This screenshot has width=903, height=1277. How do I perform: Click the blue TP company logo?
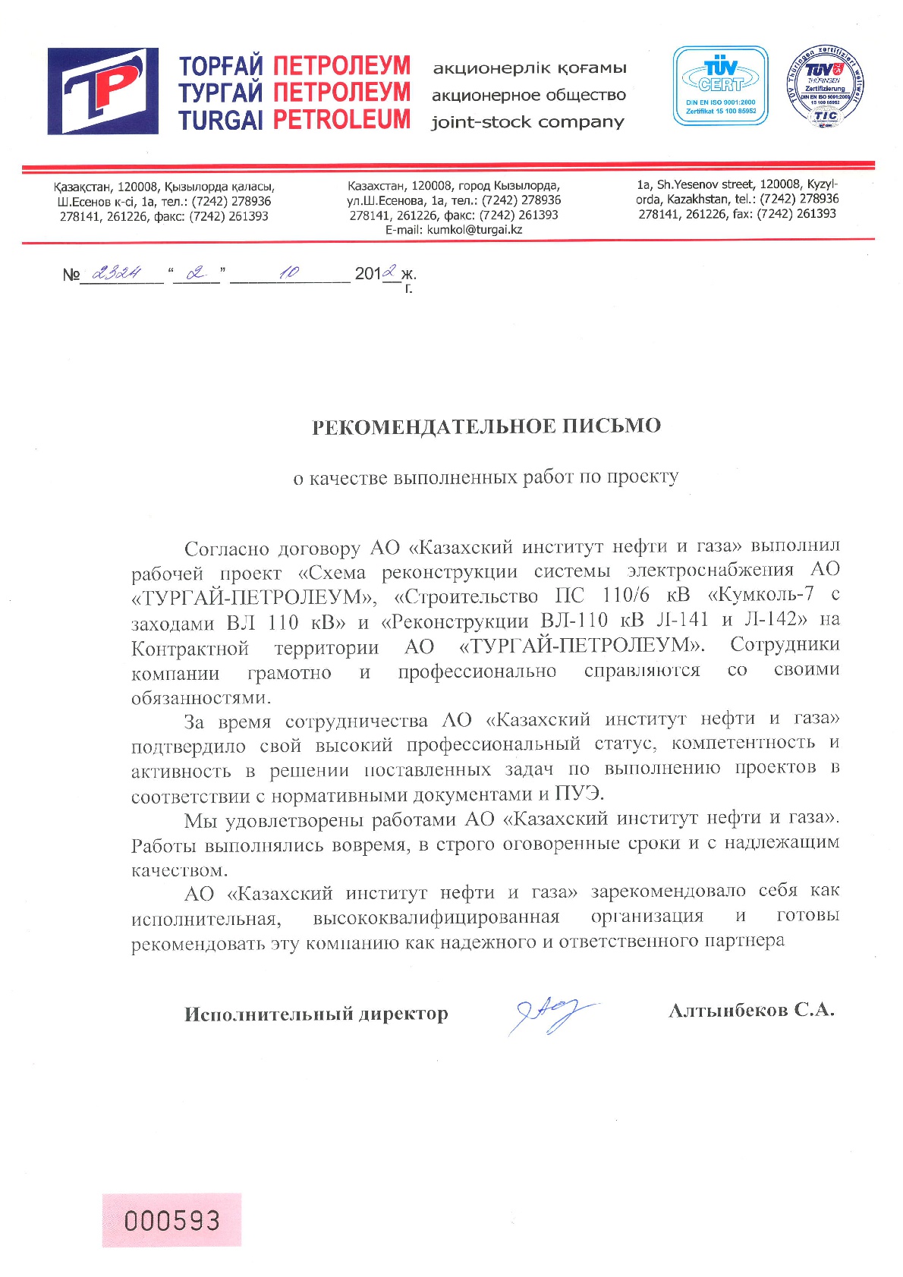103,91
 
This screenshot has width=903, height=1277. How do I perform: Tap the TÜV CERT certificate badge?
720,85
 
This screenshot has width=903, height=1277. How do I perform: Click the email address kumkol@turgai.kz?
474,229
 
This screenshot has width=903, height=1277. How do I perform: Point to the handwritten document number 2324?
115,273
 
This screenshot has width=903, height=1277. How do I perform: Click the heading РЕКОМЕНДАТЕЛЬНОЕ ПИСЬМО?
486,426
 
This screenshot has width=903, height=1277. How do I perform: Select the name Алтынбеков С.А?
751,1011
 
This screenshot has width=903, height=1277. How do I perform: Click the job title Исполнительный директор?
316,1014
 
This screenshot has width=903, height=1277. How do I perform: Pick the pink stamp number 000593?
172,1221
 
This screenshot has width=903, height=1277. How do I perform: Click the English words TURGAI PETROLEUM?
294,120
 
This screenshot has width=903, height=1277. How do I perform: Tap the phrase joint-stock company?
528,122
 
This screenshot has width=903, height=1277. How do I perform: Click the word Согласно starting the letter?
226,548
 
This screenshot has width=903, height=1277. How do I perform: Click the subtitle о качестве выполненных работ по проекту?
486,477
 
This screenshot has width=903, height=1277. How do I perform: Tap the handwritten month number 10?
289,272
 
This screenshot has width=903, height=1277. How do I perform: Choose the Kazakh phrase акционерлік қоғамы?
530,68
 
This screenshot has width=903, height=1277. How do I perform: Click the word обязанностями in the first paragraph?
200,697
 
